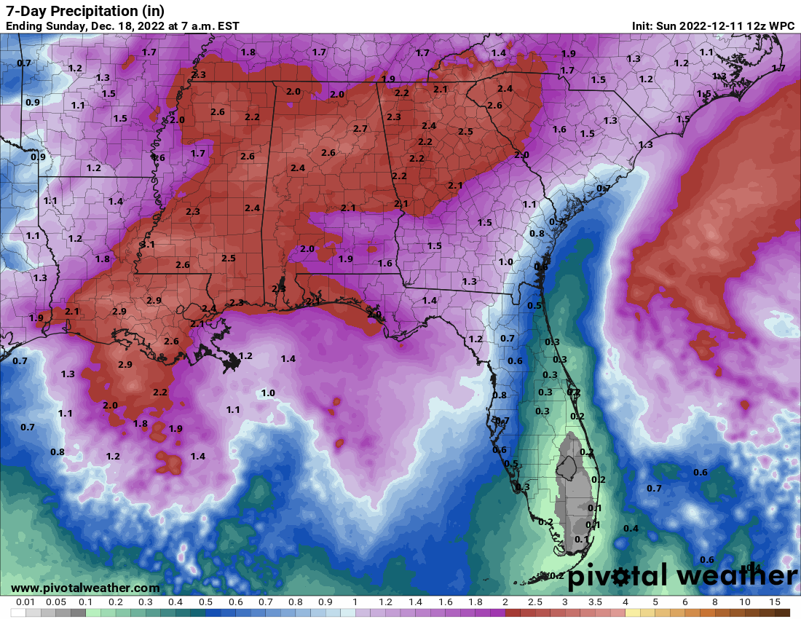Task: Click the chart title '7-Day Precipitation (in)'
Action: click(x=85, y=11)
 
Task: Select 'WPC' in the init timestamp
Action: click(x=782, y=26)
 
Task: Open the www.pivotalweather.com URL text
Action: click(x=85, y=588)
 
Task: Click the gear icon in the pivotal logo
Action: click(x=621, y=576)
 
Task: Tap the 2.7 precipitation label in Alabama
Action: click(x=360, y=129)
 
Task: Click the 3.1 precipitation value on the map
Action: click(x=147, y=245)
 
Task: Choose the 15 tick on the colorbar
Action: click(x=775, y=602)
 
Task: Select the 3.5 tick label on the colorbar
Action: click(x=595, y=602)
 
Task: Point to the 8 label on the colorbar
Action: click(x=715, y=602)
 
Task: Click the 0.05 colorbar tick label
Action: click(x=55, y=602)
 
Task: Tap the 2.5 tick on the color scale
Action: click(x=535, y=602)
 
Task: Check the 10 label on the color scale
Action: click(x=745, y=602)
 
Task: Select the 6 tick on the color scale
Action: click(x=685, y=602)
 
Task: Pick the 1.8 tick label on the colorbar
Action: click(x=476, y=602)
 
